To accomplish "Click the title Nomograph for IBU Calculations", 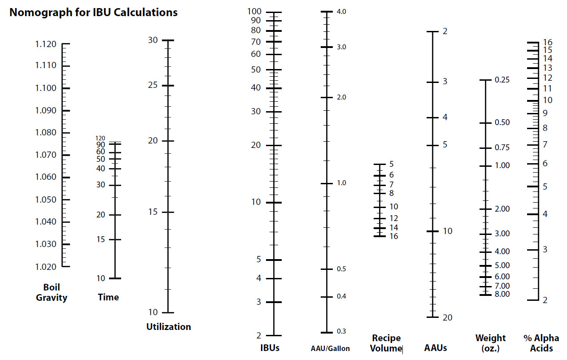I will pos(93,13).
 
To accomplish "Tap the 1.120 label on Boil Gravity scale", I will pos(46,44).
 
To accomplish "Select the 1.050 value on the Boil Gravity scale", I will pos(46,200).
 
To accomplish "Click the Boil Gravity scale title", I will pos(52,292).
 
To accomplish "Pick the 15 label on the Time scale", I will pos(100,239).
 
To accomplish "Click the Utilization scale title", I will pos(169,327).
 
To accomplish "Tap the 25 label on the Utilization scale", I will pos(153,85).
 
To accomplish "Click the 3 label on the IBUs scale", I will pos(258,302).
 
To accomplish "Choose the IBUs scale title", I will pos(270,348).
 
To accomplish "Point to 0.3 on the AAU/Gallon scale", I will pos(341,331).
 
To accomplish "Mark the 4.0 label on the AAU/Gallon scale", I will pos(341,11).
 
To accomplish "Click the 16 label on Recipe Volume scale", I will pos(393,236).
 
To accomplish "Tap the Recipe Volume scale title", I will pos(386,343).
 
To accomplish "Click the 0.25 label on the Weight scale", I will pos(502,80).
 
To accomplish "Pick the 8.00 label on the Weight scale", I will pos(502,294).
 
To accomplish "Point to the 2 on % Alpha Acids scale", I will pos(545,300).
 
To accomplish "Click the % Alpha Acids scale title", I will pos(541,343).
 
